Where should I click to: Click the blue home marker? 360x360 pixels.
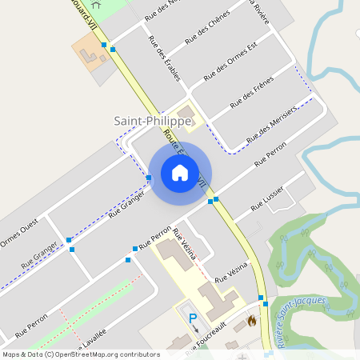pyautogui.click(x=180, y=173)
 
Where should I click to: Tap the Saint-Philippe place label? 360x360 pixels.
pyautogui.click(x=152, y=120)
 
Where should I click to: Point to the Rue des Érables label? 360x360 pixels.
pyautogui.click(x=164, y=62)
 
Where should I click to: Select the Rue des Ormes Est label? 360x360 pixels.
pyautogui.click(x=230, y=62)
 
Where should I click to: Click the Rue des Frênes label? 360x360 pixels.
pyautogui.click(x=252, y=92)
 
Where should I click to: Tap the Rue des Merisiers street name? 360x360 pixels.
pyautogui.click(x=272, y=124)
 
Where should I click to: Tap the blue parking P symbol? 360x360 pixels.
pyautogui.click(x=191, y=318)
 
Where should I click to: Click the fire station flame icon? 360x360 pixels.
pyautogui.click(x=251, y=322)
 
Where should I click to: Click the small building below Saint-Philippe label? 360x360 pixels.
pyautogui.click(x=186, y=111)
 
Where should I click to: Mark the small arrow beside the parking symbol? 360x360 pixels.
pyautogui.click(x=196, y=329)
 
